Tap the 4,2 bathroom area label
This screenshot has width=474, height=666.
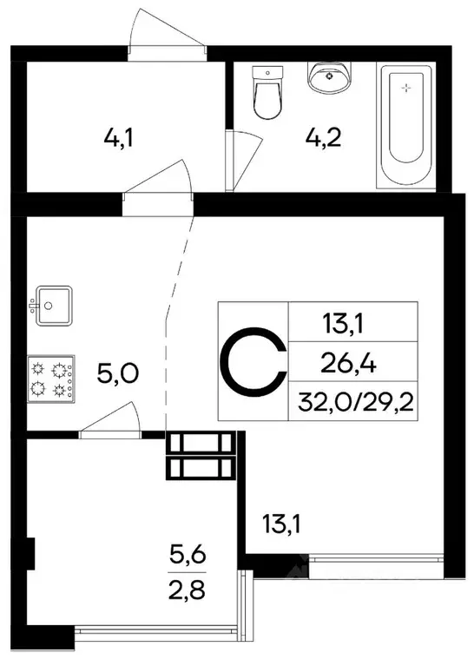click(320, 137)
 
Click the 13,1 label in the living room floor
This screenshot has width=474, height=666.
click(282, 524)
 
